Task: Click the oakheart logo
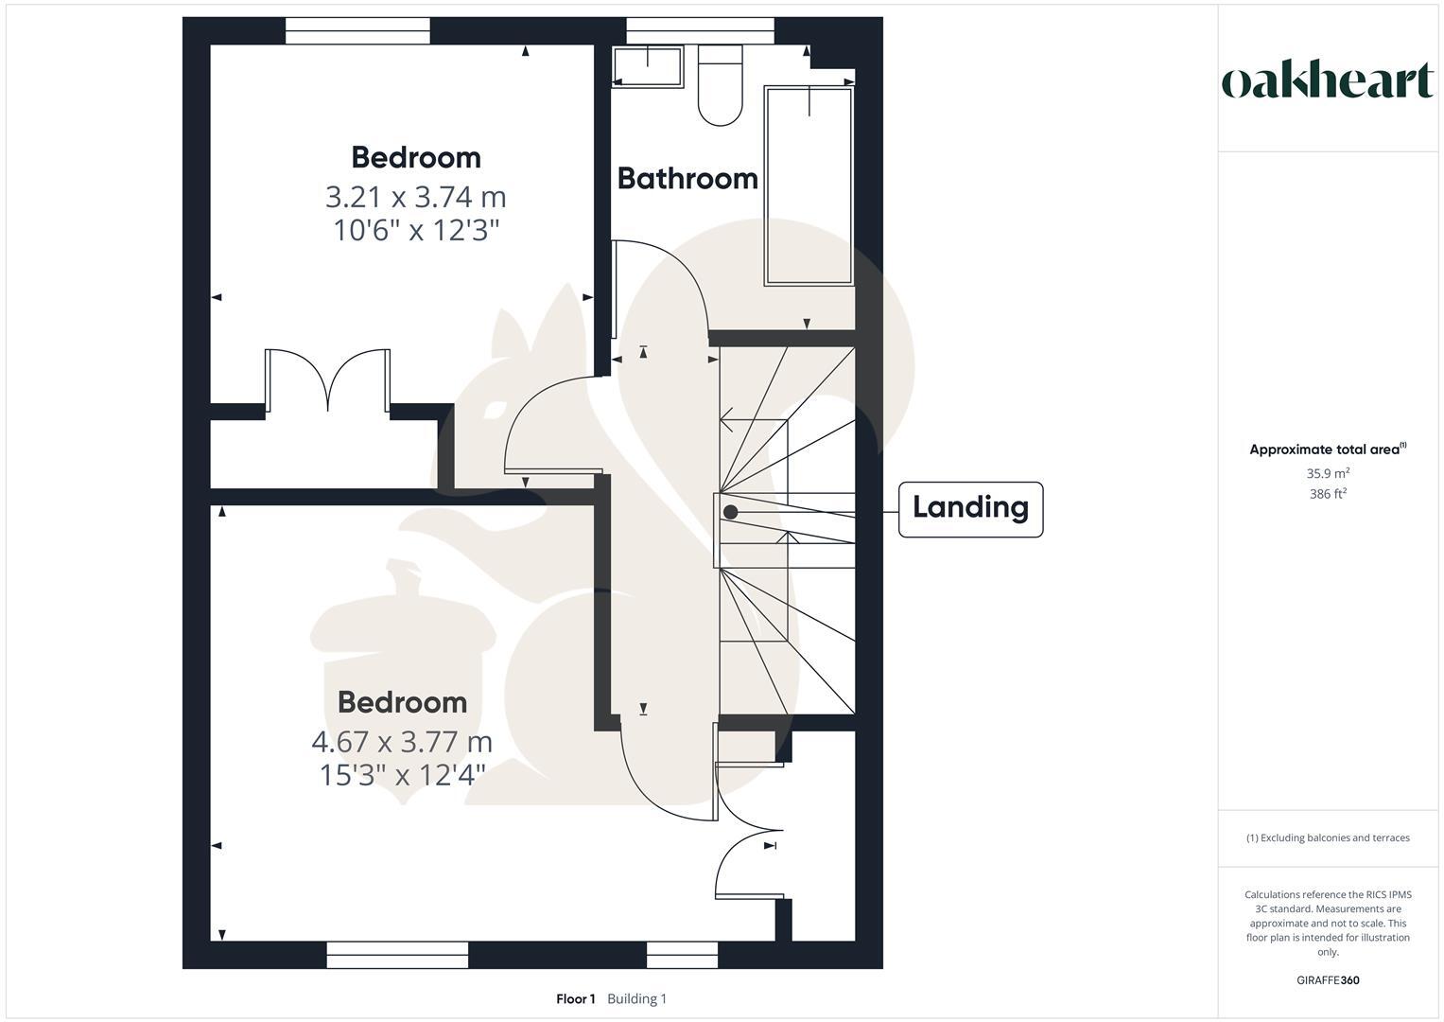(1328, 81)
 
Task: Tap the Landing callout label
(970, 508)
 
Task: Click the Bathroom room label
(687, 178)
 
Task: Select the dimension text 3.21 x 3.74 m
(415, 197)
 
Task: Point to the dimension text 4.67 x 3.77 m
(402, 741)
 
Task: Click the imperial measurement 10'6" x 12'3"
(415, 230)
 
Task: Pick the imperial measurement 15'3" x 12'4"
(402, 775)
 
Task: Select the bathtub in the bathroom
(809, 185)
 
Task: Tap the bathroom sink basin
(648, 67)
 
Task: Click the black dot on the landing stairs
(730, 512)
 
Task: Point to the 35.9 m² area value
(1328, 473)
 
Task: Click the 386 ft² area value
(1328, 494)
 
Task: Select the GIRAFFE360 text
(1328, 980)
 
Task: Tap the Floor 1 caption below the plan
(575, 998)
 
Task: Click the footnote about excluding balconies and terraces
(1328, 837)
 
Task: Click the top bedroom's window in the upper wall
(357, 31)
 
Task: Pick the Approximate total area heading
(1326, 449)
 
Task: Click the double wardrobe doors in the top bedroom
(328, 380)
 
